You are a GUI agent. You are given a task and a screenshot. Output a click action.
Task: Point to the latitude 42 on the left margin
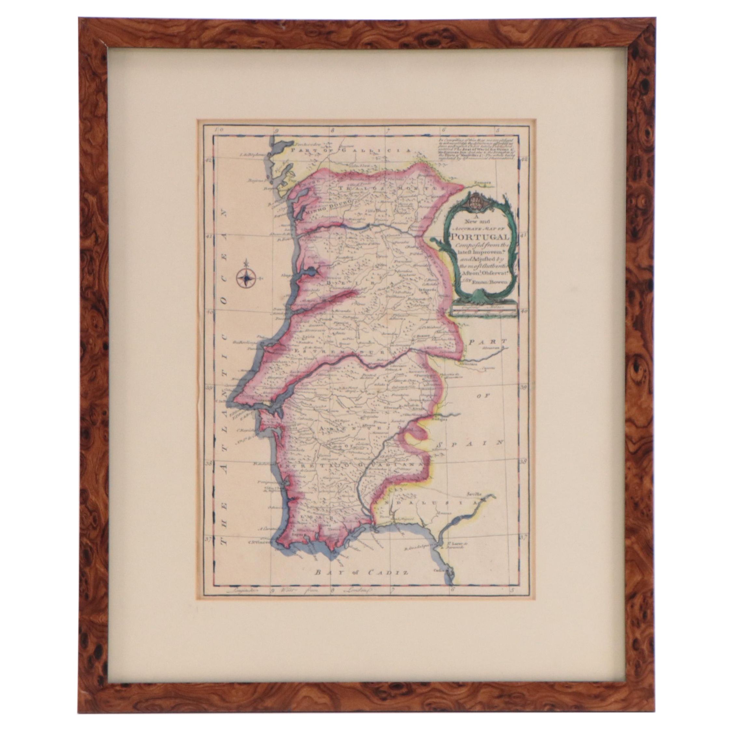click(208, 160)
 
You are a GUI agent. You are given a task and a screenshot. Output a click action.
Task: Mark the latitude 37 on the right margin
click(523, 548)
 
